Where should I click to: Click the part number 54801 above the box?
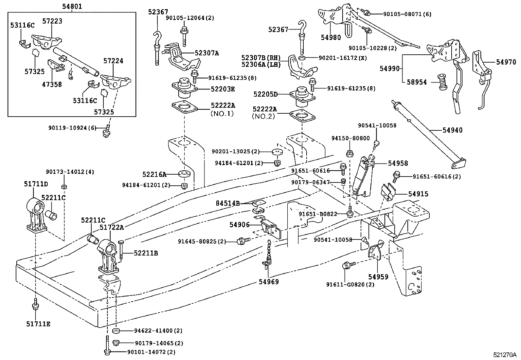click(x=72, y=6)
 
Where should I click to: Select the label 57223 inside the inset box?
click(x=52, y=21)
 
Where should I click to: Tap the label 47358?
click(x=52, y=85)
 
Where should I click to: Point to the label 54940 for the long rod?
click(x=453, y=130)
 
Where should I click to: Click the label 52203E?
click(x=223, y=89)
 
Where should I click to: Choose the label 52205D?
click(x=265, y=94)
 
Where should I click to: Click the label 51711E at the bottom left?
click(x=38, y=324)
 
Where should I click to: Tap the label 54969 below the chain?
click(x=269, y=281)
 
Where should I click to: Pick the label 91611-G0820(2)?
click(x=350, y=284)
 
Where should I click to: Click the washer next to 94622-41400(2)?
click(x=116, y=331)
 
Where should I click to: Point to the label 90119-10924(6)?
click(x=75, y=128)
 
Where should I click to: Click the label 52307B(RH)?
click(x=261, y=58)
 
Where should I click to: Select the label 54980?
click(x=331, y=38)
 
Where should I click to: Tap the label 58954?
click(x=417, y=82)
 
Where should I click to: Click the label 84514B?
click(x=227, y=203)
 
